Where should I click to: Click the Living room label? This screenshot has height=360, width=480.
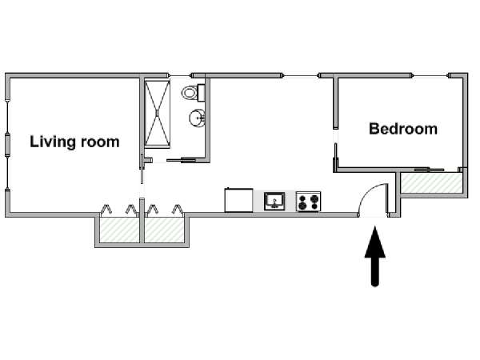coord(74,142)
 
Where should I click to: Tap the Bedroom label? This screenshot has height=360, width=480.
coord(403,129)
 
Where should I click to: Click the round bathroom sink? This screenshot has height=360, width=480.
coord(197,118)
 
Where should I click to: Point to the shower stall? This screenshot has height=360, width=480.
coord(157,114)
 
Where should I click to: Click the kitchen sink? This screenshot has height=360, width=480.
coord(274,201)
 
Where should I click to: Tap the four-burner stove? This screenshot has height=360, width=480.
coord(308,202)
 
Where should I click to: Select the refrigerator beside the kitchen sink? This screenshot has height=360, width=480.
coord(238,200)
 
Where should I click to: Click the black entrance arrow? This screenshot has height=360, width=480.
coord(375,256)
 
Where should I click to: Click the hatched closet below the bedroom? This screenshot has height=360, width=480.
coord(432,182)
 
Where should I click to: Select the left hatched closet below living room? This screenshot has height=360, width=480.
coord(119,230)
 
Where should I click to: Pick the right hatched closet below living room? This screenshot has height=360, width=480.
coord(164,230)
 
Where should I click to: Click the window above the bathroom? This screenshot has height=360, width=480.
coord(180,75)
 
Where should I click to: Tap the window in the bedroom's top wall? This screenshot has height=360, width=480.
coord(430,75)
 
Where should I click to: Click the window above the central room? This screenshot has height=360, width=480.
coord(300,75)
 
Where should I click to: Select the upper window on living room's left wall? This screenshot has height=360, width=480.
coord(7,117)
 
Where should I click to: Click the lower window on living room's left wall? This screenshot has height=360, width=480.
coord(7,173)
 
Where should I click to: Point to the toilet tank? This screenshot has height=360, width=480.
coord(201,93)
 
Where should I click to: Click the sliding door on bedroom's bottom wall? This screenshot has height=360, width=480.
coord(429,170)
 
